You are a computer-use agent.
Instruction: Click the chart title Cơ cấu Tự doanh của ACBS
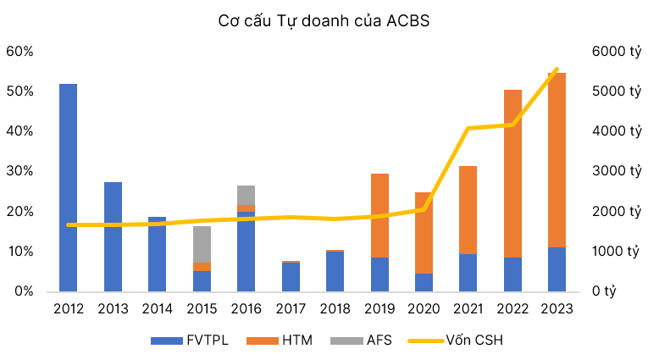pos(323,21)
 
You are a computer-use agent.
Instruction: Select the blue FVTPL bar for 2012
pos(69,186)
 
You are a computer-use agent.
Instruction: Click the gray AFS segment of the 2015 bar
pos(202,244)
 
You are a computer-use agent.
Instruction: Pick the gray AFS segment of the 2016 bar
pos(246,195)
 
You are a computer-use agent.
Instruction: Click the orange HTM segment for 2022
pos(512,173)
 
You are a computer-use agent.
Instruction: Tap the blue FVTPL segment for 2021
pos(468,272)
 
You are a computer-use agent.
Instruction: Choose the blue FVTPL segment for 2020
pos(424,282)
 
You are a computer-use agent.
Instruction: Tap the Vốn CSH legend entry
pos(457,341)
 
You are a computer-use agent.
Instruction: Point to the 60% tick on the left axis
pos(19,52)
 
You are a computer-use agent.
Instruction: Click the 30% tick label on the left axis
pos(19,171)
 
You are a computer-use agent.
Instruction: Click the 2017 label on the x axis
pos(290,309)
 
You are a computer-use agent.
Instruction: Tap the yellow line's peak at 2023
pos(556,69)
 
